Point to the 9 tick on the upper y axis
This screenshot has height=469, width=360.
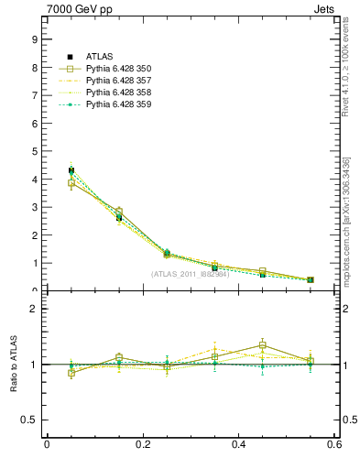click(x=34, y=39)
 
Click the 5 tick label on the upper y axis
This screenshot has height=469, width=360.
click(x=34, y=151)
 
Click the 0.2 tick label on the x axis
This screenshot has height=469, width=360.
click(x=142, y=445)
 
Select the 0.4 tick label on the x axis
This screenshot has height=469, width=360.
click(x=239, y=445)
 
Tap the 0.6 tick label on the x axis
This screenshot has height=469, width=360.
click(x=335, y=445)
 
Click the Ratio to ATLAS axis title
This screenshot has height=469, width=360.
click(x=13, y=365)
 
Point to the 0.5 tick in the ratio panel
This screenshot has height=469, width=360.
click(x=29, y=420)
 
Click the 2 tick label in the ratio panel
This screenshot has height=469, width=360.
click(x=34, y=309)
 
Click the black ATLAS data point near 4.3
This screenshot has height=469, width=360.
click(x=71, y=170)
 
